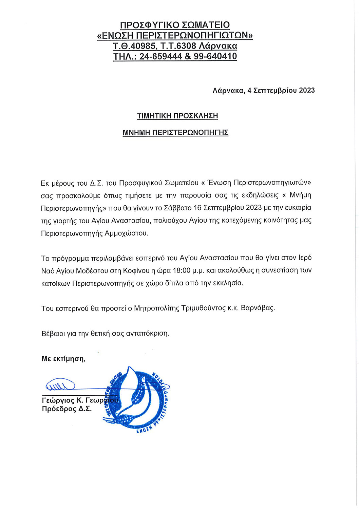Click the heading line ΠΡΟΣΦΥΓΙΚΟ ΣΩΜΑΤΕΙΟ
pyautogui.click(x=175, y=25)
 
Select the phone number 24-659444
pyautogui.click(x=161, y=56)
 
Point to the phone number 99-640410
pyautogui.click(x=215, y=56)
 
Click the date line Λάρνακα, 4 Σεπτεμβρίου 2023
pyautogui.click(x=264, y=91)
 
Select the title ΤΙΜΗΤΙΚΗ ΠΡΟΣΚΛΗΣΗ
pyautogui.click(x=177, y=116)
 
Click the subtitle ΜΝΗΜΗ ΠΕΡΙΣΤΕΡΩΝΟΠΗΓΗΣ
pyautogui.click(x=175, y=132)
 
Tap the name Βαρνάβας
pyautogui.click(x=258, y=308)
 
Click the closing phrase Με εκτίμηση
pyautogui.click(x=63, y=359)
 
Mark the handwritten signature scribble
pyautogui.click(x=60, y=385)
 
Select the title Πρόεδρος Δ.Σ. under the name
pyautogui.click(x=67, y=409)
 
